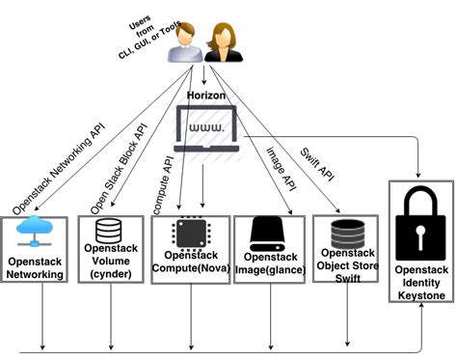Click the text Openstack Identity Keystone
pyautogui.click(x=421, y=283)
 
